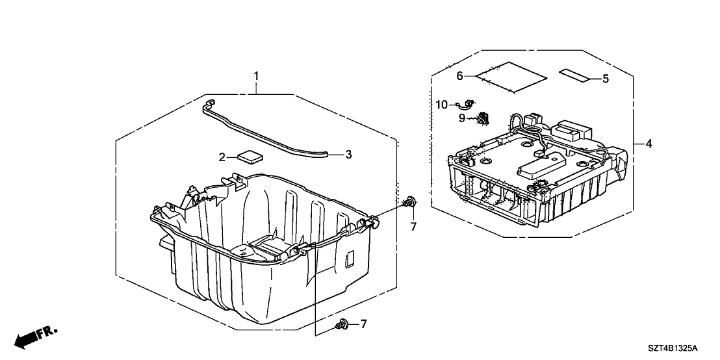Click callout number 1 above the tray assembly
[256, 77]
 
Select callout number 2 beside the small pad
[222, 157]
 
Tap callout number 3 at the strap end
[348, 155]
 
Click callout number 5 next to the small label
[605, 79]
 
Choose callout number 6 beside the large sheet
[459, 76]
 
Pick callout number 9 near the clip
[462, 118]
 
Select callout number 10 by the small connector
[442, 104]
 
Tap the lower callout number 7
[364, 324]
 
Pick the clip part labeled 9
[482, 119]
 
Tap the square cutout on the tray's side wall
[349, 259]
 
